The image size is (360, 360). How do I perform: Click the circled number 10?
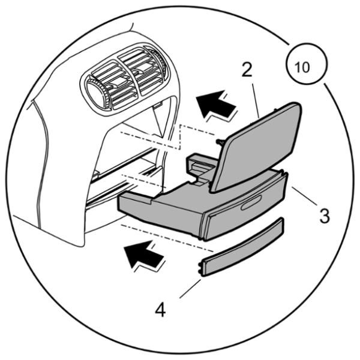click(x=307, y=64)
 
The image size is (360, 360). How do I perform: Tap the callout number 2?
click(x=247, y=70)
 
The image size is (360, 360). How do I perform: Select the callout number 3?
click(x=325, y=215)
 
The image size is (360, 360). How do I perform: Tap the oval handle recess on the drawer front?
click(x=251, y=203)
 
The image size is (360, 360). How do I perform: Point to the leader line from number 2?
click(x=256, y=101)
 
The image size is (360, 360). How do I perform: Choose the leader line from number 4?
click(x=190, y=289)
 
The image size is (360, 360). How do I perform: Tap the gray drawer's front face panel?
click(x=246, y=208)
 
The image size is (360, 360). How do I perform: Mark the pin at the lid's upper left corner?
click(x=220, y=142)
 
